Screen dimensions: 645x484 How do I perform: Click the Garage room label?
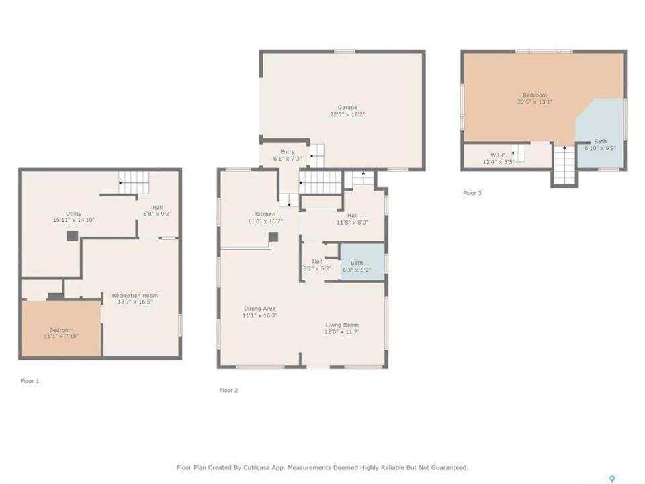tap(347, 108)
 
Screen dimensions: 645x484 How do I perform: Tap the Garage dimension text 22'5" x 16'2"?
tap(347, 114)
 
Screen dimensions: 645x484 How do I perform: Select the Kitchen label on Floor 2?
tap(265, 214)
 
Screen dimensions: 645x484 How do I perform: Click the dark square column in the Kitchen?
tap(273, 237)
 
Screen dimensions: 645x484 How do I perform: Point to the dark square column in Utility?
tap(73, 236)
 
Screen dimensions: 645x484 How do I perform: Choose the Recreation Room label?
tap(135, 296)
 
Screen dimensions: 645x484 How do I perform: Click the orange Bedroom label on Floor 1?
tap(61, 330)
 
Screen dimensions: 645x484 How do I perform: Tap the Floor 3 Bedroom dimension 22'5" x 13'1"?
tap(535, 102)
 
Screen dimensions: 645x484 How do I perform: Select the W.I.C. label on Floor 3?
tap(499, 155)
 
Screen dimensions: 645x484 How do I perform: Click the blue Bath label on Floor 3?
tap(600, 142)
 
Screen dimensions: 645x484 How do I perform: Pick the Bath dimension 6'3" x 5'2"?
tap(357, 270)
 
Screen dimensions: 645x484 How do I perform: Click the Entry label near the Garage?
tap(287, 152)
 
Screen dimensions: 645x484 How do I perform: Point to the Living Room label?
tap(342, 325)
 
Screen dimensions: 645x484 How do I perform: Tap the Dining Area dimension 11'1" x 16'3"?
tap(259, 316)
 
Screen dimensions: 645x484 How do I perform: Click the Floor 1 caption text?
tap(30, 381)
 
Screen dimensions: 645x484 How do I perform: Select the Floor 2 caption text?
tap(228, 390)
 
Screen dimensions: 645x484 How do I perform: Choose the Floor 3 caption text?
tap(472, 193)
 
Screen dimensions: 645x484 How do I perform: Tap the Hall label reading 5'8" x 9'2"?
tap(157, 214)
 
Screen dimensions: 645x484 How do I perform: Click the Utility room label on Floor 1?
tap(74, 214)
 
